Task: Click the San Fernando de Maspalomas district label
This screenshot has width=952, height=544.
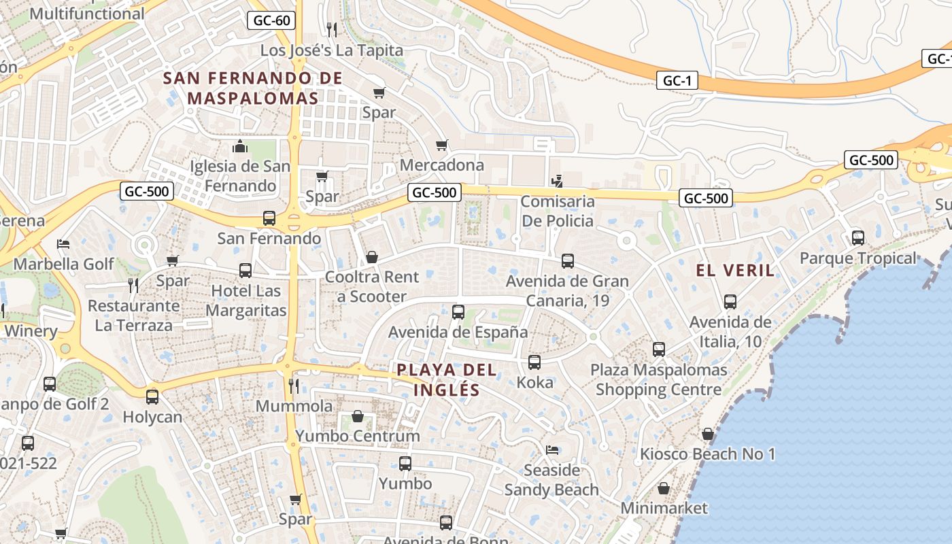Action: tap(252, 88)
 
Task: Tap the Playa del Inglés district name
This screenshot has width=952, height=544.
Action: tap(447, 380)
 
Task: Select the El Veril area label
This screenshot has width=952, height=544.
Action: tap(735, 271)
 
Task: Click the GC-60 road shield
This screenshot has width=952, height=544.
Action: tap(271, 20)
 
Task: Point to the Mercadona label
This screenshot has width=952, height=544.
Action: tap(442, 165)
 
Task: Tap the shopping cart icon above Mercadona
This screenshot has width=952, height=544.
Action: tap(442, 145)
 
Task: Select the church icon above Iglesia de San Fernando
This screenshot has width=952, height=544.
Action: tap(239, 146)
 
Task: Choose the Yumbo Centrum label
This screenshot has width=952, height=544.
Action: tap(358, 436)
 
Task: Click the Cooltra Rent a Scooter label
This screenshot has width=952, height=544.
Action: tap(372, 286)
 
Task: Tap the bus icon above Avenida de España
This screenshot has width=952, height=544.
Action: tap(458, 312)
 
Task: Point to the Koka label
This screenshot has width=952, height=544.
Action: tap(535, 382)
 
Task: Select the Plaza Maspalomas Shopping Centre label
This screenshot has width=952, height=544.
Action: tap(658, 380)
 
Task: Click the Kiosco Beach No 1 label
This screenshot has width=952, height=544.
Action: tap(707, 454)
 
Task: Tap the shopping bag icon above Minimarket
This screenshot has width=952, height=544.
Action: tap(664, 488)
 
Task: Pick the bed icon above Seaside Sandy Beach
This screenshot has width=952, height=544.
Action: tap(552, 450)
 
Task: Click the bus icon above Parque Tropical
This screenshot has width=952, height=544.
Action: tap(858, 238)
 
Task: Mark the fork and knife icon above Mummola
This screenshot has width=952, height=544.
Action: tap(294, 386)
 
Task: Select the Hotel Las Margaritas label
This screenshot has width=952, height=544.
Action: tap(245, 301)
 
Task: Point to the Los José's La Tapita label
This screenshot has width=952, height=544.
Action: tap(332, 50)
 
